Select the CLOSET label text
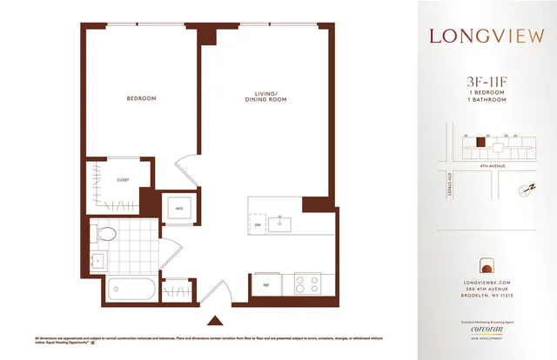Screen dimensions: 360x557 (x=123, y=180)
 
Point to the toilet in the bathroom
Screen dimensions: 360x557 (x=104, y=233)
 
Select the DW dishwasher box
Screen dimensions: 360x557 (x=258, y=225)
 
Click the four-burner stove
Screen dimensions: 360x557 (x=307, y=284)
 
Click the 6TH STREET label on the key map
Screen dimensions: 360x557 (x=452, y=187)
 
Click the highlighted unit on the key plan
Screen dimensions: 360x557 (x=478, y=139)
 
